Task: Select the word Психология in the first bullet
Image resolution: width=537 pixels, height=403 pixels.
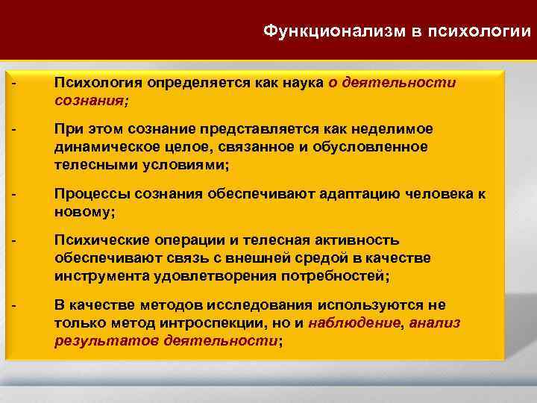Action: pos(98,84)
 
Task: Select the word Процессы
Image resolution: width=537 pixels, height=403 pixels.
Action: pos(88,195)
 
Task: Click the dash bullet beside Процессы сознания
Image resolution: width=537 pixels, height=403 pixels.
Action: pos(15,195)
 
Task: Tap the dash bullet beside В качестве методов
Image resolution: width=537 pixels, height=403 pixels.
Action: pos(15,305)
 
